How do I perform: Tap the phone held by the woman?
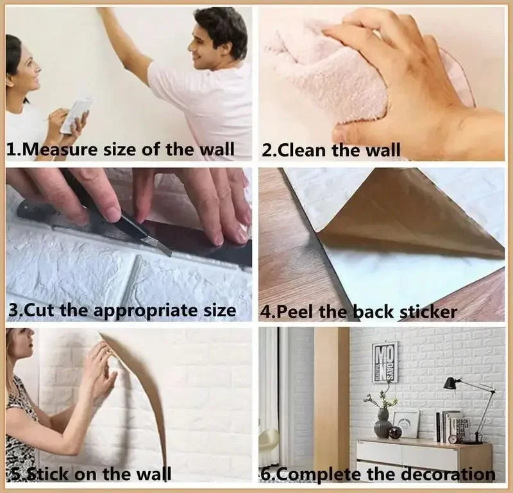[76, 115]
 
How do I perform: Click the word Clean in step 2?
[305, 151]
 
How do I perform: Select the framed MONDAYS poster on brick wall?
[385, 361]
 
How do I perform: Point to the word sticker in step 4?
[428, 313]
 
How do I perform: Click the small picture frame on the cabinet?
[406, 424]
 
